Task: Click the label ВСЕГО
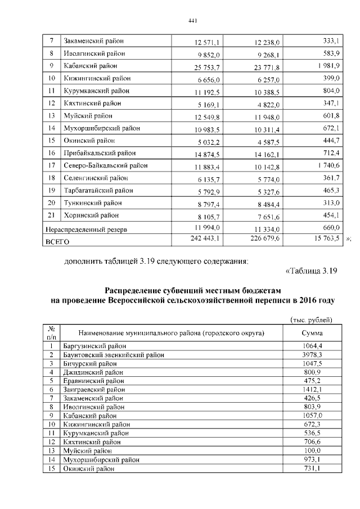tap(57, 242)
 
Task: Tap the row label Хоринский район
tap(91, 215)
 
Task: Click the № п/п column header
tap(51, 332)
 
